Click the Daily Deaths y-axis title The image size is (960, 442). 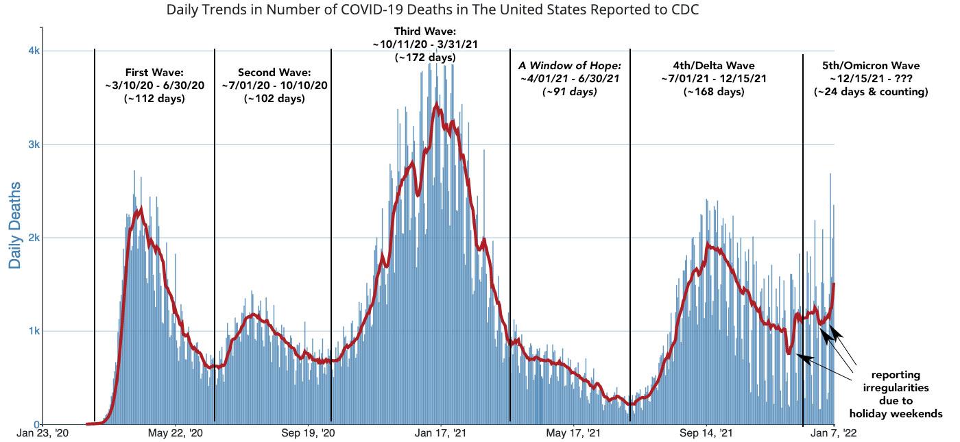click(x=15, y=225)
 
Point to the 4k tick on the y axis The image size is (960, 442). click(x=34, y=51)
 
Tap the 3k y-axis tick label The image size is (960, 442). click(x=34, y=145)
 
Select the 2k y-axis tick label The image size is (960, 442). click(x=34, y=238)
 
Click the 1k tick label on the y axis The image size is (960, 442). click(x=34, y=331)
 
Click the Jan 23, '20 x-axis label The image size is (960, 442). click(x=42, y=433)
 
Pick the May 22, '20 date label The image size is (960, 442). click(x=176, y=433)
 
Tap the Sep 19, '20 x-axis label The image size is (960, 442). click(x=309, y=433)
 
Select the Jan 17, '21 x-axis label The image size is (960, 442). click(x=441, y=433)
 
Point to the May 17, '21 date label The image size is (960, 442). click(x=575, y=433)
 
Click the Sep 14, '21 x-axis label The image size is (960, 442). click(x=707, y=433)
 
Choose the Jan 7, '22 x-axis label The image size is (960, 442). click(x=832, y=433)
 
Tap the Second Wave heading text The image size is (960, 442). click(x=274, y=72)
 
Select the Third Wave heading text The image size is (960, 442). click(x=425, y=32)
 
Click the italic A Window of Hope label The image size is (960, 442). click(x=569, y=66)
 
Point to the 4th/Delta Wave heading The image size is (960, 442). click(x=714, y=66)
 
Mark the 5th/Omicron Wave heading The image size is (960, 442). click(x=871, y=66)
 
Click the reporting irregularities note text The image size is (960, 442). click(x=896, y=394)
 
